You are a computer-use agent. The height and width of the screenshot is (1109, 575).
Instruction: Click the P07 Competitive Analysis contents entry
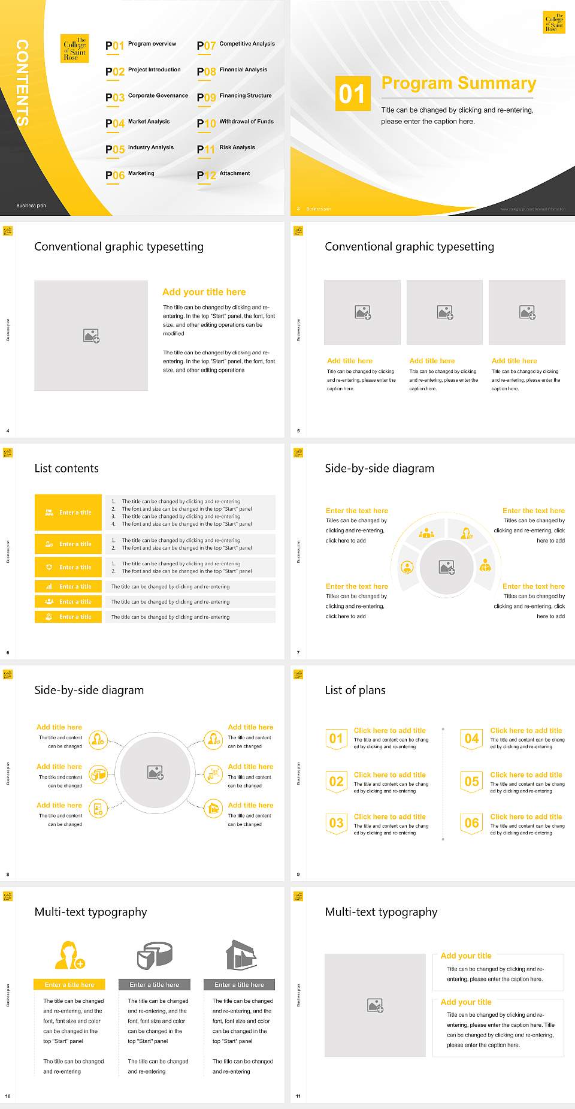pyautogui.click(x=236, y=45)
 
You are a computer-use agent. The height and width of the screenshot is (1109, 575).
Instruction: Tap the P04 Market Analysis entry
pyautogui.click(x=138, y=123)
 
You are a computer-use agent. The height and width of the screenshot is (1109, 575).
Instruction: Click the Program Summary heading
pyautogui.click(x=458, y=83)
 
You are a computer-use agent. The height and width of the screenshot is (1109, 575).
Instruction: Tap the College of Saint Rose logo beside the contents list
pyautogui.click(x=75, y=49)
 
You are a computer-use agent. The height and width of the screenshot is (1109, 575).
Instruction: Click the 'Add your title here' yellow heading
pyautogui.click(x=204, y=292)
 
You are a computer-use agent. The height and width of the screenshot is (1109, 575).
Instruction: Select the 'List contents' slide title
pyautogui.click(x=66, y=468)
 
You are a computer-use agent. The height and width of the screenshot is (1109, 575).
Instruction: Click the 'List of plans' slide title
pyautogui.click(x=355, y=690)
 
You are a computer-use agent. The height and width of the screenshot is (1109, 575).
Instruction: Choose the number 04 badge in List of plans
pyautogui.click(x=472, y=739)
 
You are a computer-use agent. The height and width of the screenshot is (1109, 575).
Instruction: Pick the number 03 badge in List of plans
pyautogui.click(x=336, y=823)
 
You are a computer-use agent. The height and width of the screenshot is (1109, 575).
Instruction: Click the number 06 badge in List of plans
pyautogui.click(x=472, y=823)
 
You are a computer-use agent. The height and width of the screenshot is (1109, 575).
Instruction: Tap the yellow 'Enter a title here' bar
pyautogui.click(x=69, y=984)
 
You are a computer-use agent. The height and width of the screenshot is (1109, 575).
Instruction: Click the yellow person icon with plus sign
pyautogui.click(x=69, y=955)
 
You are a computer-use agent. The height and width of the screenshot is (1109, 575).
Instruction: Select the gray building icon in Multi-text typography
pyautogui.click(x=241, y=955)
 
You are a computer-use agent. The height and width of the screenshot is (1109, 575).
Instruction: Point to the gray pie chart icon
pyautogui.click(x=155, y=955)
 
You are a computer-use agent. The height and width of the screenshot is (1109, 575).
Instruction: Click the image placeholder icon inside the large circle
pyautogui.click(x=156, y=773)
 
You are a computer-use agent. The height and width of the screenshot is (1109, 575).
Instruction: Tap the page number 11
pyautogui.click(x=298, y=1096)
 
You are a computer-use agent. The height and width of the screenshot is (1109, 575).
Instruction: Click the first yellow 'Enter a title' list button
pyautogui.click(x=68, y=513)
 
